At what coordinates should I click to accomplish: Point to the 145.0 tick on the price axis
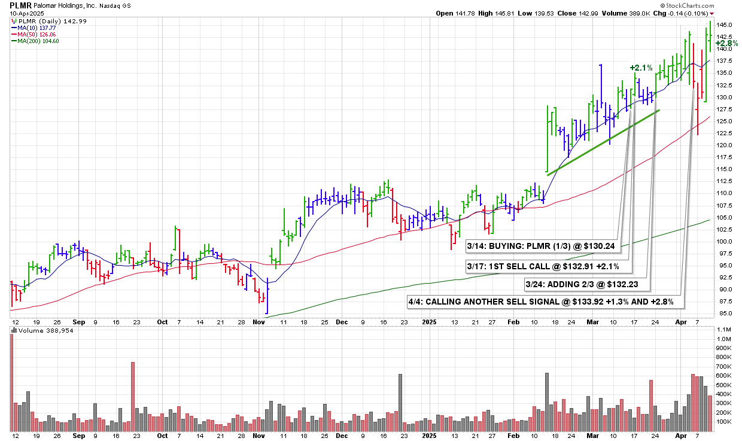(725, 25)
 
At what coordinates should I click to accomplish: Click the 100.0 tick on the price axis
(725, 242)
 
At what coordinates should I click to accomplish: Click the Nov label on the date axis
(259, 321)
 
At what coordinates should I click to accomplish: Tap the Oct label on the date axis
(162, 321)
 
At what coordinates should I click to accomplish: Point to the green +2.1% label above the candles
(641, 68)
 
